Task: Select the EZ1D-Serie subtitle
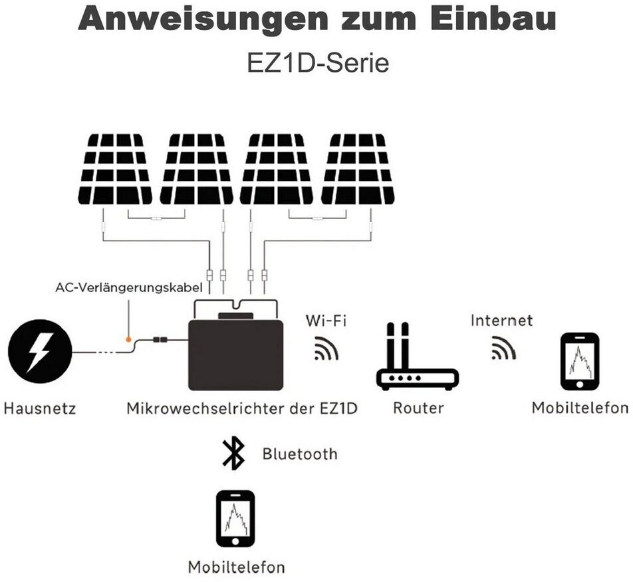(318, 63)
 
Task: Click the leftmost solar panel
(115, 169)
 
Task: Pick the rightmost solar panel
(358, 169)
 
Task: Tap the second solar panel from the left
(196, 169)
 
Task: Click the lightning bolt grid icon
(40, 351)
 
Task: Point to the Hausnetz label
(40, 408)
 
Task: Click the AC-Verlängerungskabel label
(129, 288)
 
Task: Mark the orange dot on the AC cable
(128, 340)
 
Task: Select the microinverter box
(236, 345)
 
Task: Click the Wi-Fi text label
(326, 321)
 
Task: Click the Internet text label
(501, 321)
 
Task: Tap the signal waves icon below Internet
(503, 348)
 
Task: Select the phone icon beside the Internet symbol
(580, 362)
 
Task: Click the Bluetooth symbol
(233, 454)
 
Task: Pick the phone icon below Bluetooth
(236, 519)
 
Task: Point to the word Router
(418, 408)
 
